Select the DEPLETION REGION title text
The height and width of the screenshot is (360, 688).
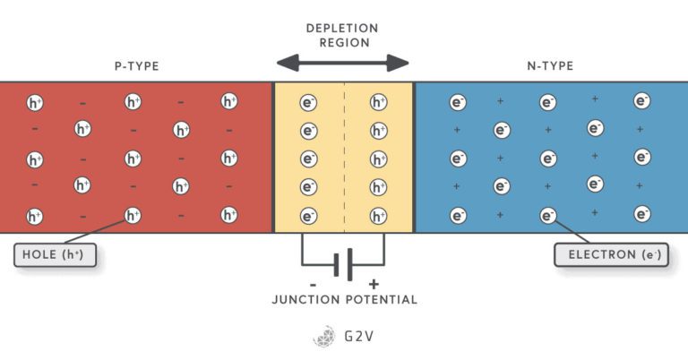coord(344,35)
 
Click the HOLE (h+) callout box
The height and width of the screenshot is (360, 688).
coord(55,256)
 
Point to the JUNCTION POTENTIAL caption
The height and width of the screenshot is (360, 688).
coord(344,299)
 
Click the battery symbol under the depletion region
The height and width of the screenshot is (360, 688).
coord(342,266)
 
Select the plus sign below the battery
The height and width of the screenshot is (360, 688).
coord(374,283)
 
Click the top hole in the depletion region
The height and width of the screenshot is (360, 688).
coord(378,102)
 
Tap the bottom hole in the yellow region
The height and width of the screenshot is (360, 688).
coord(378,216)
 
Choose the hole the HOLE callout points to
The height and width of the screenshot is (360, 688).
coord(133,216)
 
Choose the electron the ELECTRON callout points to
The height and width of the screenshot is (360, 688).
coord(548,216)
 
